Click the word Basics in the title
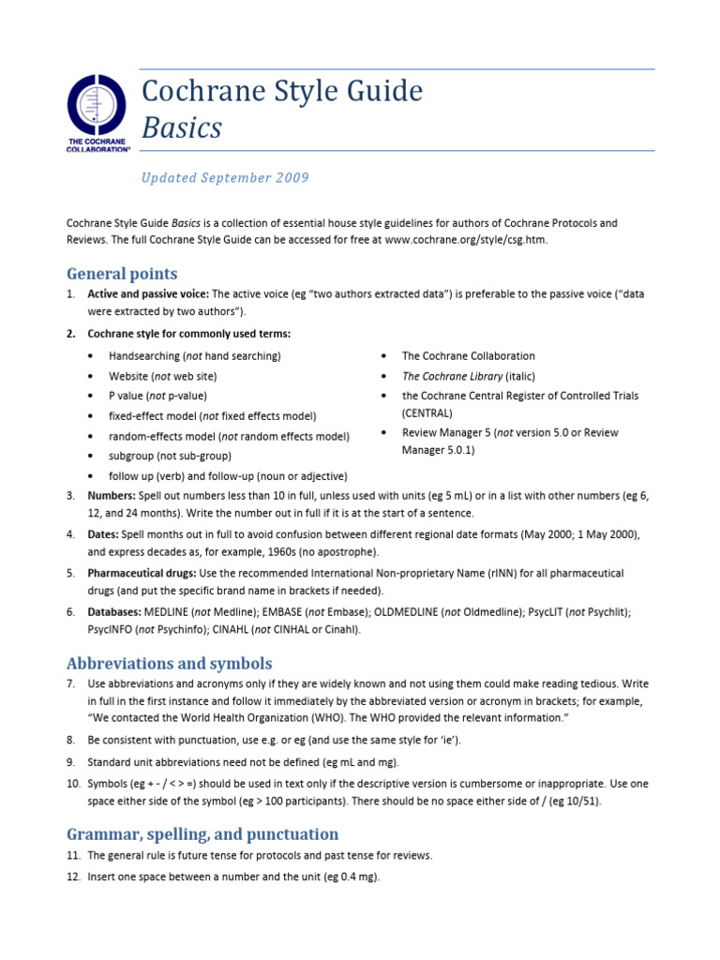coord(181,127)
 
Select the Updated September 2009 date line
coord(225,178)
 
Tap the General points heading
coord(122,274)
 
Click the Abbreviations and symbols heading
coord(170,663)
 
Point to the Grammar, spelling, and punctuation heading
coord(202,833)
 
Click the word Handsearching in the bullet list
coord(144,356)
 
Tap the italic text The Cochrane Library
coord(452,376)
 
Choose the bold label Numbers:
coord(112,495)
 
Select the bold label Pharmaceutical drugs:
coord(142,573)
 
